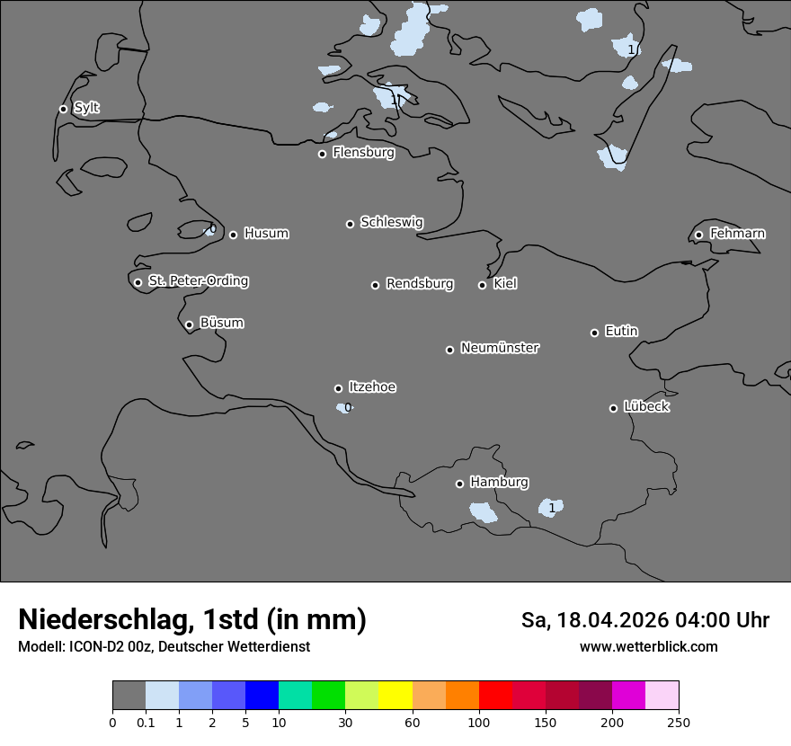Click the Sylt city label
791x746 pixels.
86,108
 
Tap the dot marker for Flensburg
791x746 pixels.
322,154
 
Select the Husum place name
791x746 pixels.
266,234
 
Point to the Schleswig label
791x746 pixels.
391,222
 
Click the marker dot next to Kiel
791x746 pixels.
482,285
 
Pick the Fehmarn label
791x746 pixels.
737,234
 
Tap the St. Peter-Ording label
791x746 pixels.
198,281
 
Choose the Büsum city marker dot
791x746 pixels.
189,324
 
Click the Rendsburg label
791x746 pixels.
420,284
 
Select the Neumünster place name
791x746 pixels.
500,348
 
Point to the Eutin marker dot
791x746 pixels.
594,333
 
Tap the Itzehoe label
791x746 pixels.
372,387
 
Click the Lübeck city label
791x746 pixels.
646,406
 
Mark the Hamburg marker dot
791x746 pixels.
459,484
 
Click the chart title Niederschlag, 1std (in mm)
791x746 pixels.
191,619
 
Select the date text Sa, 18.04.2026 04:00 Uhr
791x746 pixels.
645,620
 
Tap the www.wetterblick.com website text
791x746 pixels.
648,647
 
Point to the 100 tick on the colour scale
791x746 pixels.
479,722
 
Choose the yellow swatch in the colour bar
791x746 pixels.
395,695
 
